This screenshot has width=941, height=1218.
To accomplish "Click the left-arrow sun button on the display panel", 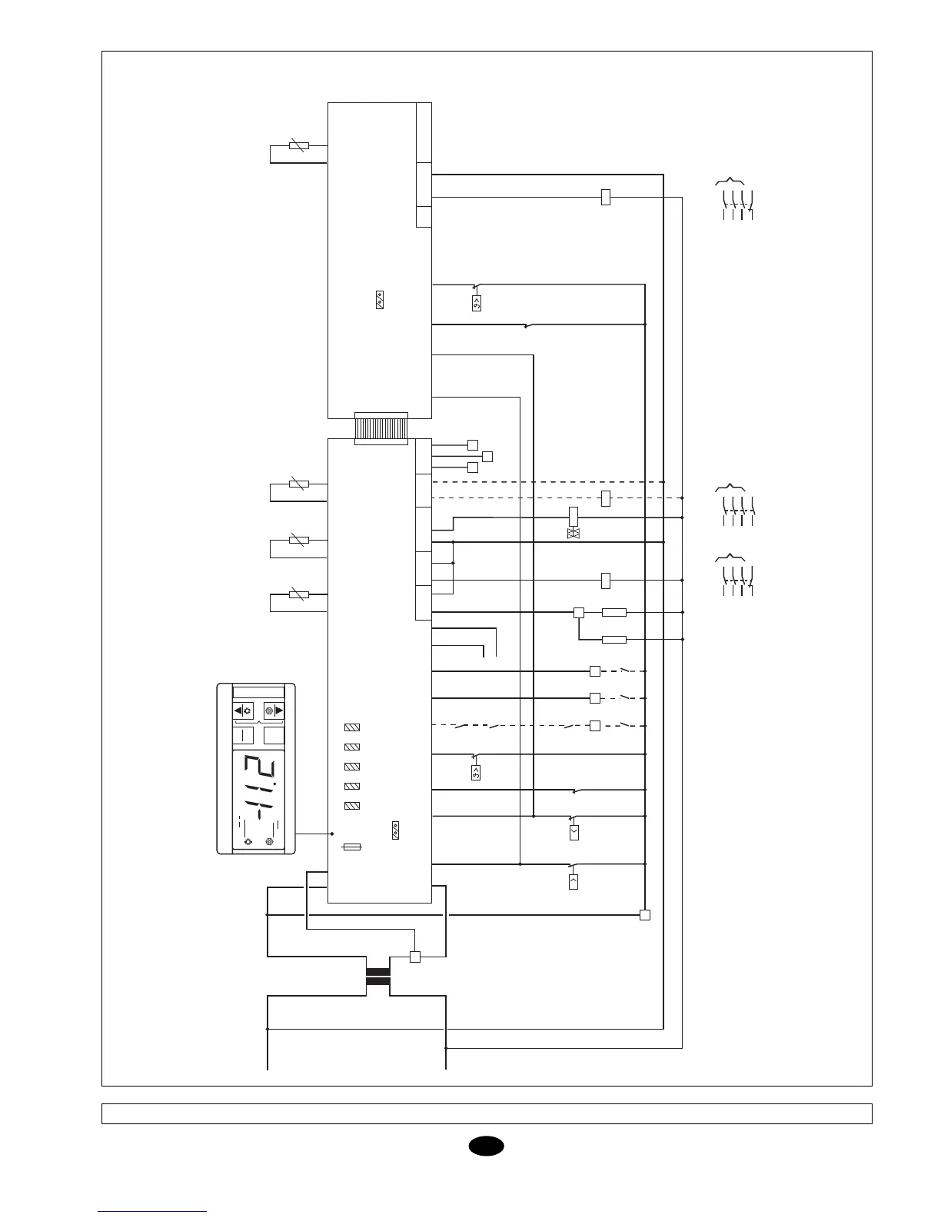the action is (243, 710).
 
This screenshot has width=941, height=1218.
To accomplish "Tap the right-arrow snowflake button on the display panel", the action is (274, 710).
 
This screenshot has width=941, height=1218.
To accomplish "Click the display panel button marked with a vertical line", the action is (243, 736).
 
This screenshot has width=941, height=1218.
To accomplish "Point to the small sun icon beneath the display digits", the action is (248, 842).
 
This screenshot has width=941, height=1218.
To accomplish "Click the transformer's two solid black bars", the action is (378, 976).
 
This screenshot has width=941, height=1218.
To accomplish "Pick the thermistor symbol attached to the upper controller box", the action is (298, 145).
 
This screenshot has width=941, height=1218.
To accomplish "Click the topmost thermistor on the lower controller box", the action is (298, 484).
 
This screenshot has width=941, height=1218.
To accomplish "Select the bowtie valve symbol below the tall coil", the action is (573, 533).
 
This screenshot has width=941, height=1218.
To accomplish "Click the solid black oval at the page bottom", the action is (486, 1146).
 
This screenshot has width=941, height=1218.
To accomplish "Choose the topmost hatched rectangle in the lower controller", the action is (352, 727).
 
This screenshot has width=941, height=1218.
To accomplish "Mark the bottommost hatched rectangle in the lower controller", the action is (352, 806).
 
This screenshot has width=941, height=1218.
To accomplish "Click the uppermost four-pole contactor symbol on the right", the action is (734, 199).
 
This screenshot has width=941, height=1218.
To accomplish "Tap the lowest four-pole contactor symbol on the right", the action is (734, 574).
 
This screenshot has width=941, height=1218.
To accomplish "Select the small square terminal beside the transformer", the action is (415, 957).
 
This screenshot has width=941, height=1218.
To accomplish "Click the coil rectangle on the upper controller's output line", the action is (605, 197).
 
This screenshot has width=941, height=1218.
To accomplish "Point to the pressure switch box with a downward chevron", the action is (574, 832).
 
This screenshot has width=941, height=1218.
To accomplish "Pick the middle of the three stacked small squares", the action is (487, 456).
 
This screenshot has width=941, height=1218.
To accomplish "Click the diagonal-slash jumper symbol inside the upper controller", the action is (380, 301).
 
